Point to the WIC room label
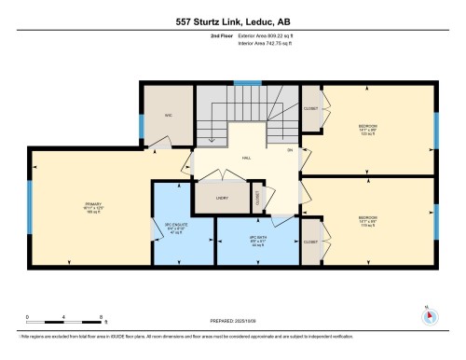coord(170,115)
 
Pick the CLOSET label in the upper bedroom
coord(311,109)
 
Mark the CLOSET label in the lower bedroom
coord(311,241)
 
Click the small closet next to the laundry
coord(260,198)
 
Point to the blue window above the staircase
coord(247,83)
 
